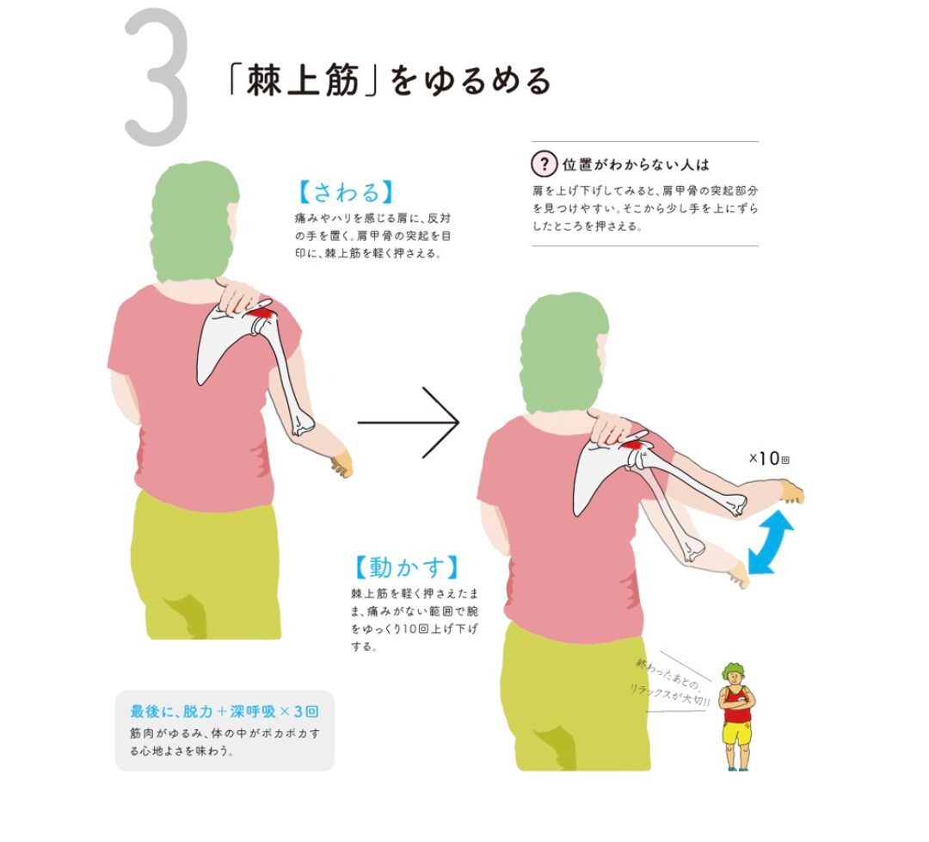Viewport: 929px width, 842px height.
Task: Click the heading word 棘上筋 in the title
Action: [x=303, y=81]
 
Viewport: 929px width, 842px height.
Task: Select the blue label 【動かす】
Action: [x=406, y=567]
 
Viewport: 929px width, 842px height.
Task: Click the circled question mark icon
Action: [x=544, y=164]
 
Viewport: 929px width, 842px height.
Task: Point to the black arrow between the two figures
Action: [x=409, y=422]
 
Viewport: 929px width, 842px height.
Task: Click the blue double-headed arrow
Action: [x=770, y=542]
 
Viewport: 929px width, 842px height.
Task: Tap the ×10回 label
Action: [x=769, y=458]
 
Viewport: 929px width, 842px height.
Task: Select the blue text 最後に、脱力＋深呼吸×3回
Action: [x=225, y=711]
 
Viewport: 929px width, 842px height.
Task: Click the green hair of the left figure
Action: [x=194, y=220]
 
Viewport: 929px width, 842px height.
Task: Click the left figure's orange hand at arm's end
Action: [x=341, y=464]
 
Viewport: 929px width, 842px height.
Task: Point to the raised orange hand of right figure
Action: [x=792, y=492]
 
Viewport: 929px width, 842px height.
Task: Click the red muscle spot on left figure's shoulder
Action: [x=261, y=311]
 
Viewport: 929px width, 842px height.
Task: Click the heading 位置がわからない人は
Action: [x=636, y=164]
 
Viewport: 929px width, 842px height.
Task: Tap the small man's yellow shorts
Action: [x=736, y=733]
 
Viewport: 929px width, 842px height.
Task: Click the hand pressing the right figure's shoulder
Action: [x=610, y=428]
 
